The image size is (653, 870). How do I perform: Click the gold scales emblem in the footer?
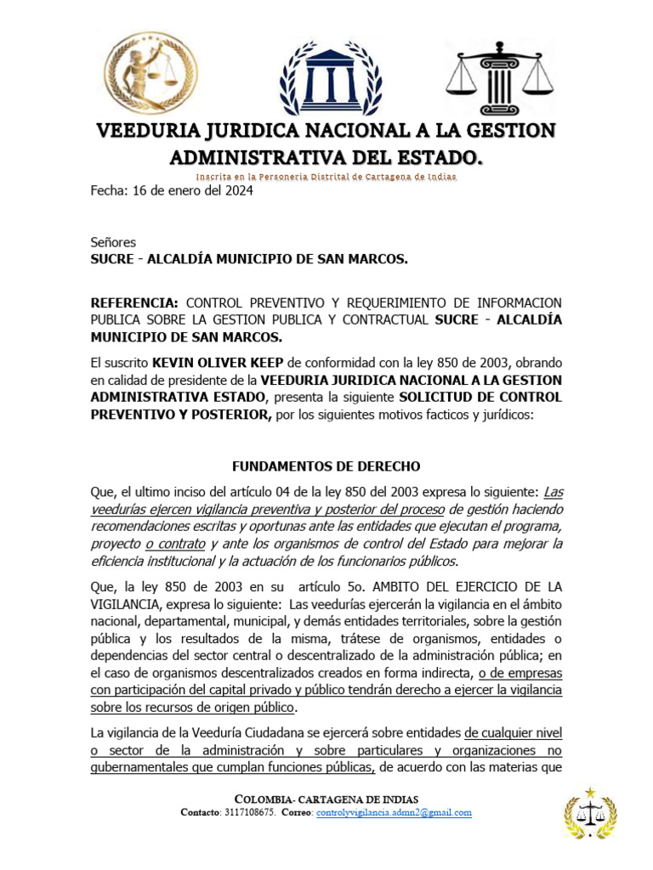[589, 814]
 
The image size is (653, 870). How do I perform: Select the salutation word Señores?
[113, 242]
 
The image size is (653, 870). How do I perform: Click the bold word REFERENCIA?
[135, 302]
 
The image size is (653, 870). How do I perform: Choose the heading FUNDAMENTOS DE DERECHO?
[326, 466]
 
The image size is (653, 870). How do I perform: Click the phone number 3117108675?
[251, 812]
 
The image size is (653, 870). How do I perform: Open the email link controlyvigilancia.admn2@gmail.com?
[393, 812]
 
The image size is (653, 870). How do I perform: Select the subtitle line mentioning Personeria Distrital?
[326, 177]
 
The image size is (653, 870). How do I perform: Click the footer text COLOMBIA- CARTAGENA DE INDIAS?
[326, 799]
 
